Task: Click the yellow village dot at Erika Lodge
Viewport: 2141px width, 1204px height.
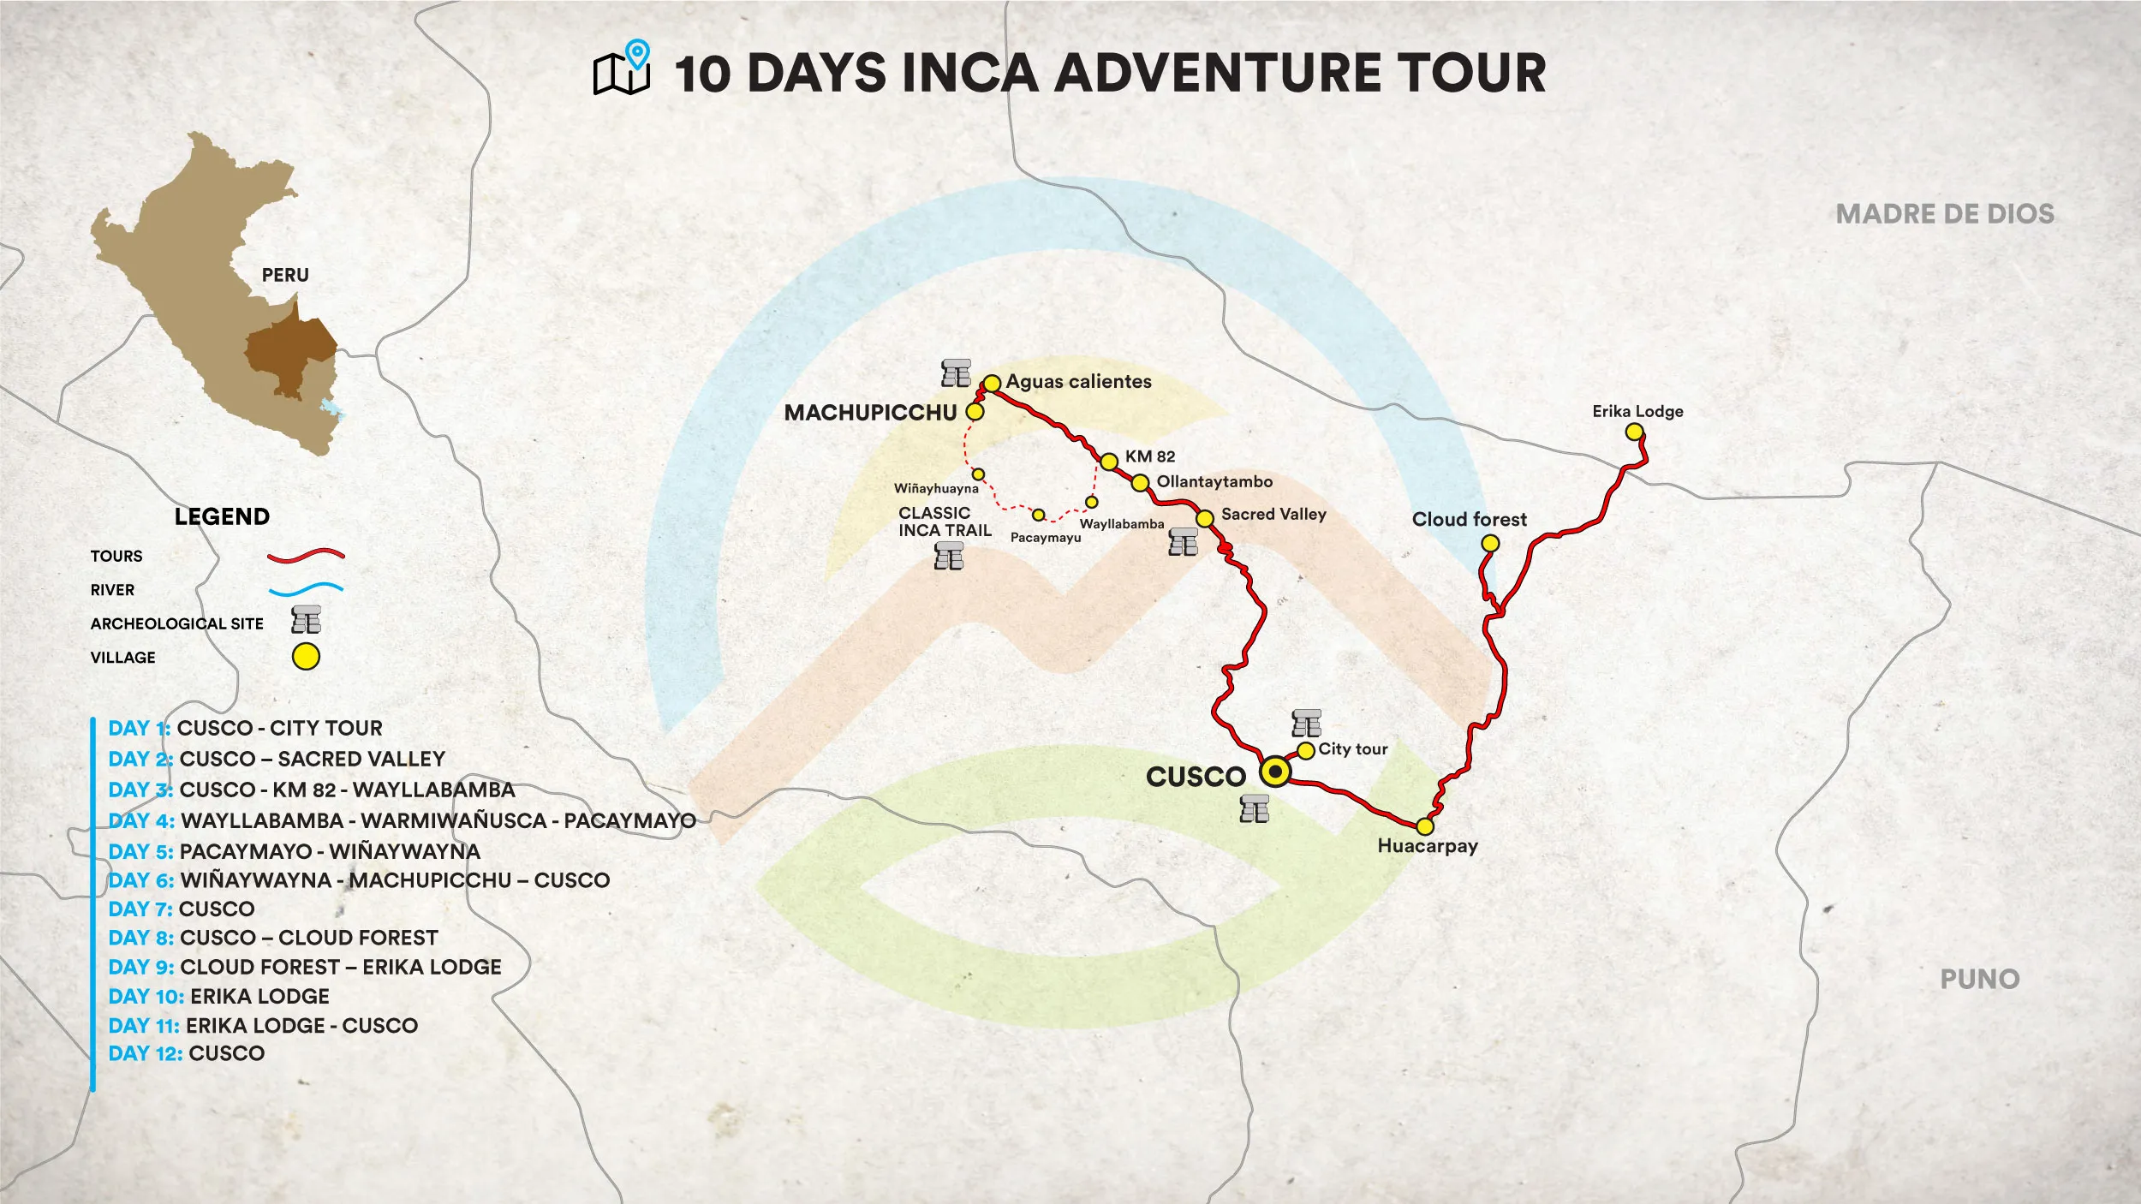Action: click(1634, 432)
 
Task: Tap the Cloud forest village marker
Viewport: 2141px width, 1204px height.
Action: click(1490, 543)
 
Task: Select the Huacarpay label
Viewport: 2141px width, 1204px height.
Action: click(1428, 846)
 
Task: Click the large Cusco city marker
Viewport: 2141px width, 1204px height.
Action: click(1275, 772)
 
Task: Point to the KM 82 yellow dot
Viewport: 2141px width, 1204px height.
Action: click(1109, 462)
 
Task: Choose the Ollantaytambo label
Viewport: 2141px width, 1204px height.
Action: click(1214, 482)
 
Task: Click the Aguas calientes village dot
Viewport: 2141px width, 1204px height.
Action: click(992, 384)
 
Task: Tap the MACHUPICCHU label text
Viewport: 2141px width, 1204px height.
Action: click(870, 413)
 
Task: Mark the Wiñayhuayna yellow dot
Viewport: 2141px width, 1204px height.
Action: click(978, 474)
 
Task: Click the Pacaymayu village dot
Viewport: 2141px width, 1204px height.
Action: click(1038, 516)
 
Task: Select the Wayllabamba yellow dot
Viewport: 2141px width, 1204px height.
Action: click(1091, 502)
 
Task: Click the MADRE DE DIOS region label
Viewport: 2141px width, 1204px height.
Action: click(1945, 214)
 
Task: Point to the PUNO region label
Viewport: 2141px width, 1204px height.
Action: click(1979, 979)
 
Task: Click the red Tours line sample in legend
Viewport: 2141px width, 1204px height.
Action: click(306, 556)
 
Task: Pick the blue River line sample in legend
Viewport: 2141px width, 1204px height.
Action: click(306, 589)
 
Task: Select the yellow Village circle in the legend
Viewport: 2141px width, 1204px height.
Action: click(306, 657)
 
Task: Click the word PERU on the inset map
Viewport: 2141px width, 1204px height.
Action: click(285, 276)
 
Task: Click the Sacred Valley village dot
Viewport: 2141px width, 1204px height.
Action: click(1205, 518)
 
